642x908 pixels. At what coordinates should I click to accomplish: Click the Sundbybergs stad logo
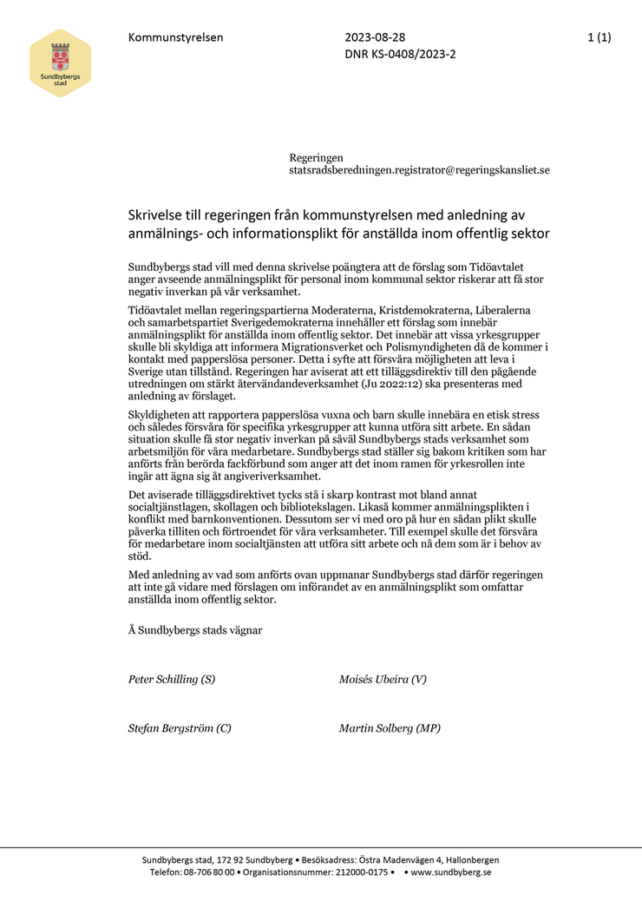[x=60, y=63]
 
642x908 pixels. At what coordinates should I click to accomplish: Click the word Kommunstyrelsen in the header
[x=175, y=37]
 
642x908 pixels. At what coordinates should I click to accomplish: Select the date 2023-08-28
[x=375, y=37]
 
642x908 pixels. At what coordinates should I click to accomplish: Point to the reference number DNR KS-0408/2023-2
[x=400, y=54]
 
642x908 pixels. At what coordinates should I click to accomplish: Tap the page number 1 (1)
[x=599, y=37]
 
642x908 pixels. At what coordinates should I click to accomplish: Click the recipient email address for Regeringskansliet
[x=419, y=170]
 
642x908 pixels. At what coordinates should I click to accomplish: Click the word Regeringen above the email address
[x=316, y=158]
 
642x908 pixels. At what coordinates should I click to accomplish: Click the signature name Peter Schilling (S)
[x=172, y=680]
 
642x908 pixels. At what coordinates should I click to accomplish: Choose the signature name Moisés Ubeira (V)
[x=383, y=680]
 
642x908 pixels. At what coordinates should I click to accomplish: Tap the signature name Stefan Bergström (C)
[x=180, y=728]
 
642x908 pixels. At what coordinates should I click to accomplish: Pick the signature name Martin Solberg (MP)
[x=390, y=728]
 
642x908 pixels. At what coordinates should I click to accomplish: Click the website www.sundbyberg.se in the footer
[x=450, y=872]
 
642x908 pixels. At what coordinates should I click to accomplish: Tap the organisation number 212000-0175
[x=357, y=872]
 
